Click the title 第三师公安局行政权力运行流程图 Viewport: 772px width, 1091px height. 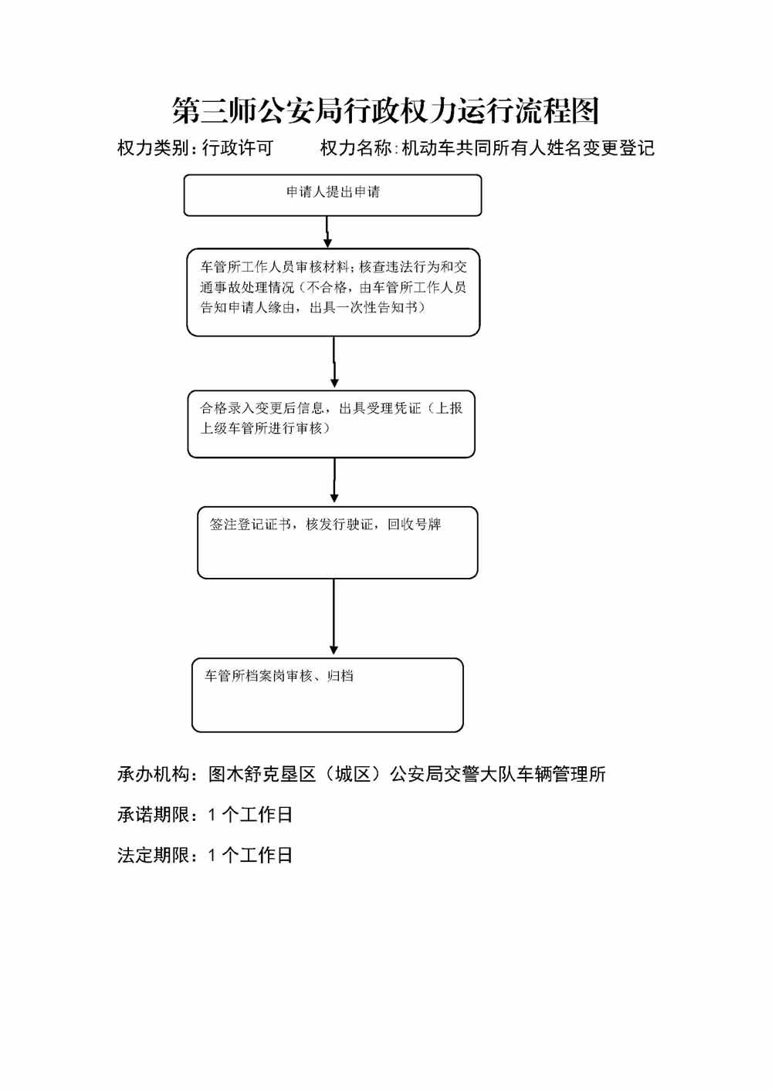(x=385, y=111)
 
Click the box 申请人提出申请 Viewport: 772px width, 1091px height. (x=332, y=194)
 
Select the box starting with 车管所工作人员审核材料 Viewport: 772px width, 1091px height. (x=333, y=292)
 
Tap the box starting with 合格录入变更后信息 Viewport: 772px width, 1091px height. (x=331, y=424)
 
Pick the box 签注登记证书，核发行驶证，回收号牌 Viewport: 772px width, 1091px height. (x=337, y=542)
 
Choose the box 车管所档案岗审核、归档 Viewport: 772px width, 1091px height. (x=327, y=694)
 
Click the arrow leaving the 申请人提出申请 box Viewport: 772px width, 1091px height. (x=327, y=231)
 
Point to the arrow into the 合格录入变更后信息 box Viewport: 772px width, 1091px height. (x=334, y=363)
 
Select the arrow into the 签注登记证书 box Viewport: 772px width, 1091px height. (x=334, y=481)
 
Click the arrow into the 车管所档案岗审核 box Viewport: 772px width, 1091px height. (x=334, y=617)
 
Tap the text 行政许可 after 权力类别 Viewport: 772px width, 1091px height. (x=238, y=148)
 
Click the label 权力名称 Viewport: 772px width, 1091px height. (x=356, y=148)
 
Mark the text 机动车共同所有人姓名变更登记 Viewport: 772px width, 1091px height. (x=528, y=148)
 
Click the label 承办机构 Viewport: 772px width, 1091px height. (x=154, y=774)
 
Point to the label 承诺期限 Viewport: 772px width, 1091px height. (x=154, y=815)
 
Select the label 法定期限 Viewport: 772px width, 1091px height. (x=154, y=855)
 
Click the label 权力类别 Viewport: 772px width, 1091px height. (x=153, y=148)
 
